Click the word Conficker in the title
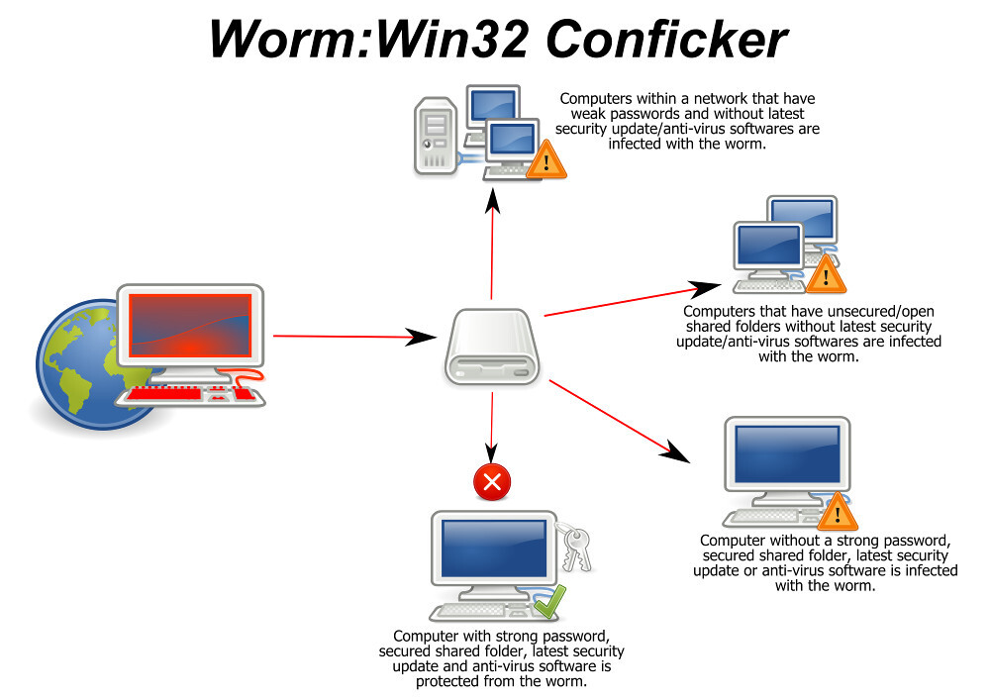point(667,41)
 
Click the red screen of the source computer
point(189,327)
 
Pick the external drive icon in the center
point(492,347)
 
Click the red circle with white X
point(492,483)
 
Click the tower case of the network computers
point(436,134)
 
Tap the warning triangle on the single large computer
point(838,512)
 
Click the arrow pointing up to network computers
point(491,248)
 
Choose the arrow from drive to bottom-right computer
point(619,422)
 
